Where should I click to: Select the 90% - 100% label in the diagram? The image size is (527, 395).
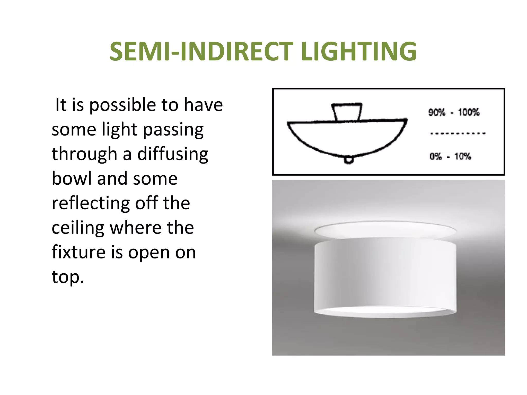(x=454, y=112)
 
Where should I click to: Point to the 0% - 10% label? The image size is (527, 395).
(x=450, y=156)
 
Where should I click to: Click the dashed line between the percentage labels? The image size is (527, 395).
(x=458, y=133)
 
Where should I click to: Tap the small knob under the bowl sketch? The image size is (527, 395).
(x=349, y=160)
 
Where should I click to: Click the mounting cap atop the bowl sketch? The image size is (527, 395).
(x=347, y=112)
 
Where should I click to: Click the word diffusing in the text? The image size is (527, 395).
(x=173, y=154)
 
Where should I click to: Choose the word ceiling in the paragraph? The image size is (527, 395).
(x=78, y=228)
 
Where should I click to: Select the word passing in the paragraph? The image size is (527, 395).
(x=173, y=130)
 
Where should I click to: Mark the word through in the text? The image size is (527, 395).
(x=84, y=154)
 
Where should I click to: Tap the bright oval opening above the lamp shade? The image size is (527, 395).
(x=385, y=229)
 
